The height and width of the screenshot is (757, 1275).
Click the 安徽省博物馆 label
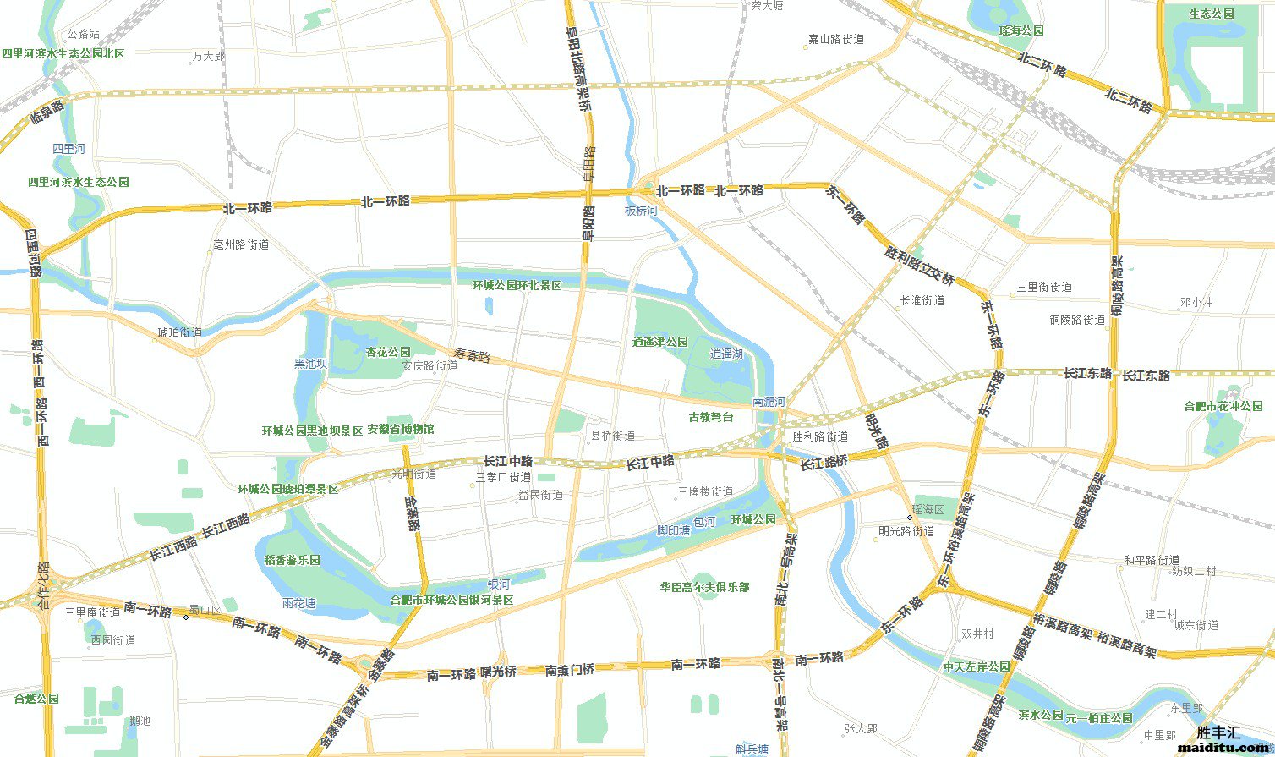pyautogui.click(x=401, y=430)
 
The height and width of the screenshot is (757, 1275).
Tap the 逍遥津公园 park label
pyautogui.click(x=660, y=343)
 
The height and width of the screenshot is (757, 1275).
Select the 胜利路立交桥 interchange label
pyautogui.click(x=919, y=266)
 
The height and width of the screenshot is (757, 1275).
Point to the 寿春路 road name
pyautogui.click(x=472, y=356)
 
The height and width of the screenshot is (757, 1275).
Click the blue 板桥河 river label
pyautogui.click(x=641, y=211)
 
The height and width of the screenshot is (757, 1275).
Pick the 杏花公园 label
pyautogui.click(x=388, y=352)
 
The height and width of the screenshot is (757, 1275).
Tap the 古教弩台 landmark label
pyautogui.click(x=710, y=417)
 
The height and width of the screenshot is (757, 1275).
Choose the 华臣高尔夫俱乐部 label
pyautogui.click(x=704, y=587)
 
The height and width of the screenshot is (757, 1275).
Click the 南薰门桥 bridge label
pyautogui.click(x=570, y=670)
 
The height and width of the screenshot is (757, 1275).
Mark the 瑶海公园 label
pyautogui.click(x=1021, y=30)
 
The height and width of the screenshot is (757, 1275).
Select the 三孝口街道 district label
pyautogui.click(x=504, y=478)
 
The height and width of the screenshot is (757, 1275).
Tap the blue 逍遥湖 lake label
pyautogui.click(x=726, y=354)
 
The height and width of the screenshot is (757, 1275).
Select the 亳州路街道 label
pyautogui.click(x=241, y=244)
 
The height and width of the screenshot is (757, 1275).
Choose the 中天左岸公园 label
pyautogui.click(x=977, y=666)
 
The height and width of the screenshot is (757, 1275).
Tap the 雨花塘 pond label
pyautogui.click(x=298, y=604)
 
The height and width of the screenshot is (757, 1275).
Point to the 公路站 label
pyautogui.click(x=83, y=34)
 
